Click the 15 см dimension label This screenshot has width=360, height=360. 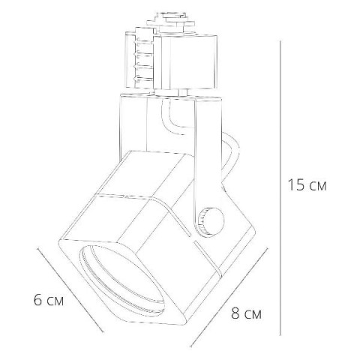coord(307,185)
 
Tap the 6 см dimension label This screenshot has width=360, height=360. coord(49,300)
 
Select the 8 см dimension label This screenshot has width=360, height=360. coord(246,313)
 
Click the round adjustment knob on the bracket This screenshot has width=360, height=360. coord(211,221)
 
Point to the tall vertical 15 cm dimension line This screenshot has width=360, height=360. coord(280,188)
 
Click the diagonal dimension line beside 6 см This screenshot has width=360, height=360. coord(70,290)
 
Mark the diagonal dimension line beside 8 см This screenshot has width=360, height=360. coord(229,298)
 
